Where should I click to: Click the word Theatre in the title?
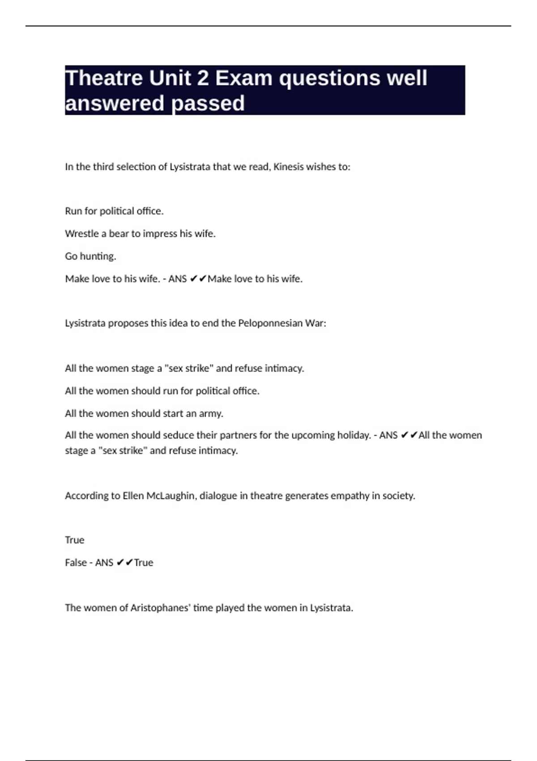103,78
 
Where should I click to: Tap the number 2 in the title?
202,78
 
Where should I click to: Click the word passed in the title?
208,103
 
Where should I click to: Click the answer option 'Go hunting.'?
90,257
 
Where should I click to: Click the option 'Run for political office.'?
114,211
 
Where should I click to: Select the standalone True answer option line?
74,540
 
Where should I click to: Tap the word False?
76,563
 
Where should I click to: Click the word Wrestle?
81,234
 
